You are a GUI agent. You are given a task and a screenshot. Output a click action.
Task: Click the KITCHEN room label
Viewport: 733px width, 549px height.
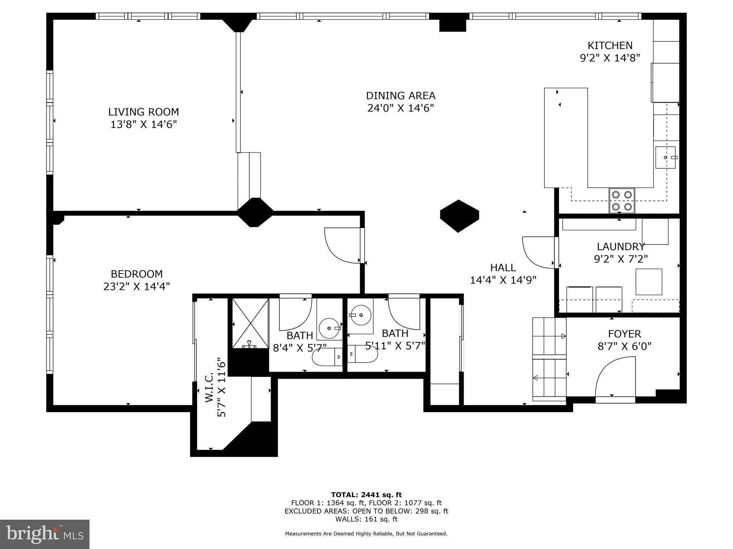pyautogui.click(x=610, y=46)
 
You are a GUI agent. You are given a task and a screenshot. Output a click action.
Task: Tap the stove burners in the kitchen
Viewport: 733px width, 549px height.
pyautogui.click(x=622, y=201)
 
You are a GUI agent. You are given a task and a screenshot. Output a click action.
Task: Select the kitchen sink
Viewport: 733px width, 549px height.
pyautogui.click(x=665, y=157)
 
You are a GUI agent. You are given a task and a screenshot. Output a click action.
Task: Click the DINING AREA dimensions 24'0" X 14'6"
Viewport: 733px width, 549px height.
pyautogui.click(x=401, y=108)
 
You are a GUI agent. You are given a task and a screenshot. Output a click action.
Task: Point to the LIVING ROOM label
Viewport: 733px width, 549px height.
pyautogui.click(x=144, y=112)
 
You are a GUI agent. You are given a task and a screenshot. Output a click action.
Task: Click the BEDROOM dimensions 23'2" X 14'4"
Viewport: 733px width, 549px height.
pyautogui.click(x=136, y=286)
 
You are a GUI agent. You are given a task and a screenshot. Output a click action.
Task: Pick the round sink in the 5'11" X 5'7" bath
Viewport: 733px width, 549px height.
pyautogui.click(x=361, y=315)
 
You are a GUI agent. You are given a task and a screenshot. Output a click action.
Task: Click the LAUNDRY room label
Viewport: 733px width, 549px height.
pyautogui.click(x=621, y=247)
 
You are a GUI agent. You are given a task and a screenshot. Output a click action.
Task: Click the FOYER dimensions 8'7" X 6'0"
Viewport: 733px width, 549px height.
pyautogui.click(x=624, y=346)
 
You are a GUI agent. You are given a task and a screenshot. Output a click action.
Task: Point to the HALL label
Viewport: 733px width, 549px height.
pyautogui.click(x=503, y=267)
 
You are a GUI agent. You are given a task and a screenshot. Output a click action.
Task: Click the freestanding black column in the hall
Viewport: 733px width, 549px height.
pyautogui.click(x=459, y=216)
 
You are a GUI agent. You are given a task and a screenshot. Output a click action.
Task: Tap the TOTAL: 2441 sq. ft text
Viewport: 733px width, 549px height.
pyautogui.click(x=366, y=495)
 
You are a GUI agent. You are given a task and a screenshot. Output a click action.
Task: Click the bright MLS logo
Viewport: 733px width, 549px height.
pyautogui.click(x=44, y=534)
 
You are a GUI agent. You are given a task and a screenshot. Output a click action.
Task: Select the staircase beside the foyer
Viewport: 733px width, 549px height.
pyautogui.click(x=549, y=359)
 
